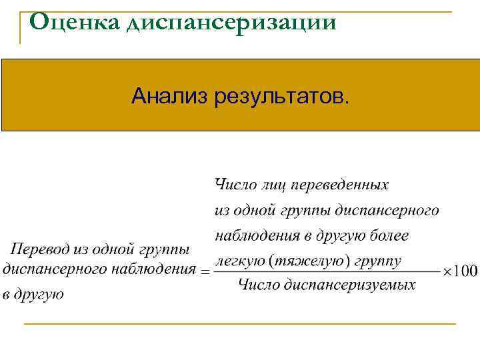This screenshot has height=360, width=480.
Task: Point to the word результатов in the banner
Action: [x=281, y=97]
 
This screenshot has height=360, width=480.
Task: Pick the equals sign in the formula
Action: [x=205, y=271]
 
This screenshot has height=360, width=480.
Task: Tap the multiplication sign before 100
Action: [x=448, y=271]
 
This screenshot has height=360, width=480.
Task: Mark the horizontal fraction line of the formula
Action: [x=327, y=271]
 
